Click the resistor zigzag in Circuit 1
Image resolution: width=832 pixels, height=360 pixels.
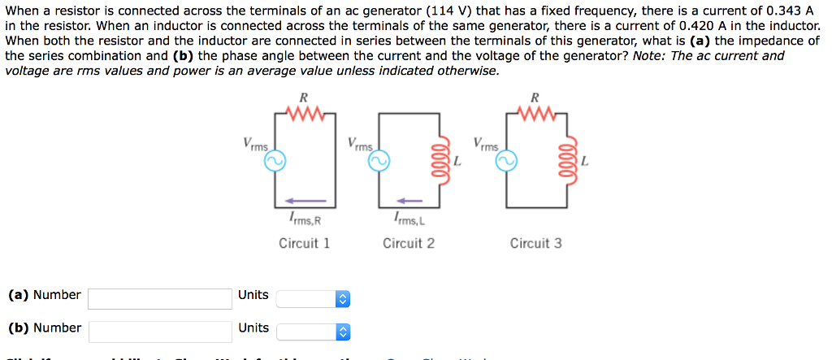pyautogui.click(x=305, y=113)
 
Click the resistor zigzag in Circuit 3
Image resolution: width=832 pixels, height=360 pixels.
pyautogui.click(x=535, y=113)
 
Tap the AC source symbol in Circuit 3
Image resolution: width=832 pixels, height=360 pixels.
pyautogui.click(x=506, y=162)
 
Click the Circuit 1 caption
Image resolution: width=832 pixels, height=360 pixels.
pyautogui.click(x=304, y=243)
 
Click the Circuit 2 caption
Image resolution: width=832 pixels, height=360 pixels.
pyautogui.click(x=409, y=243)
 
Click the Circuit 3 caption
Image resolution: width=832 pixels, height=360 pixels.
pyautogui.click(x=535, y=243)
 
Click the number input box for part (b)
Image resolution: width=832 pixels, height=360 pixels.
pyautogui.click(x=160, y=332)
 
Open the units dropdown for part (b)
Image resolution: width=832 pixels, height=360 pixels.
pyautogui.click(x=313, y=332)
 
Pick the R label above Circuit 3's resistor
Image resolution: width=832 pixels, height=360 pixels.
pyautogui.click(x=535, y=98)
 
